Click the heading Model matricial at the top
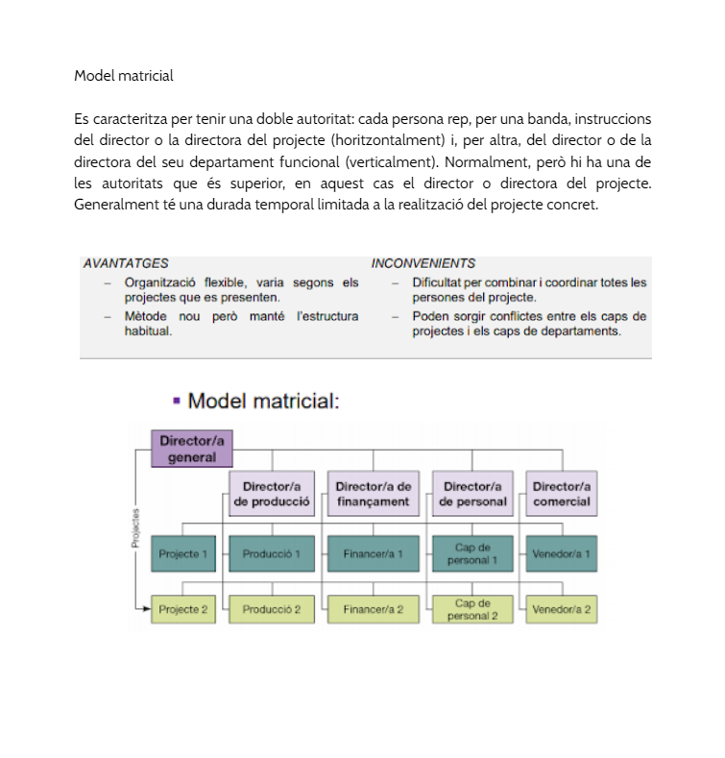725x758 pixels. click(123, 75)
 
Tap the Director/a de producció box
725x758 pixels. click(272, 494)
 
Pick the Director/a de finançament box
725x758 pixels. click(374, 494)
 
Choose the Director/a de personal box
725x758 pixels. click(472, 494)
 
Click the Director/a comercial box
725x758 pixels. click(562, 494)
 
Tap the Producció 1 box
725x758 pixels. click(272, 553)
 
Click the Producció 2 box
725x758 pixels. click(272, 609)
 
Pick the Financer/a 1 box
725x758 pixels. click(374, 553)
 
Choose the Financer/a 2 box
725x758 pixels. click(374, 609)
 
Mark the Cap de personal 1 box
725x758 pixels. click(472, 553)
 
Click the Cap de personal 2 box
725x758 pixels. click(472, 609)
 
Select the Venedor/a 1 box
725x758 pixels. click(562, 553)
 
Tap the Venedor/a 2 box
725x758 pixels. click(562, 609)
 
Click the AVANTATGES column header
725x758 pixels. click(126, 263)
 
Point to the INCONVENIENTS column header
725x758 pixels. click(423, 263)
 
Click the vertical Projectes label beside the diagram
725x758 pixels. click(135, 527)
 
